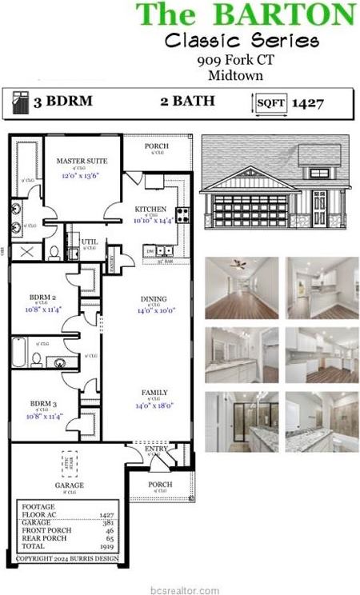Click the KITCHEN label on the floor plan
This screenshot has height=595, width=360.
click(150, 209)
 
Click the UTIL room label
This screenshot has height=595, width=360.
click(90, 241)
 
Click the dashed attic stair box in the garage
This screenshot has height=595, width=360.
click(69, 462)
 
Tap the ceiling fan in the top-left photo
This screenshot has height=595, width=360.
click(238, 264)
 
